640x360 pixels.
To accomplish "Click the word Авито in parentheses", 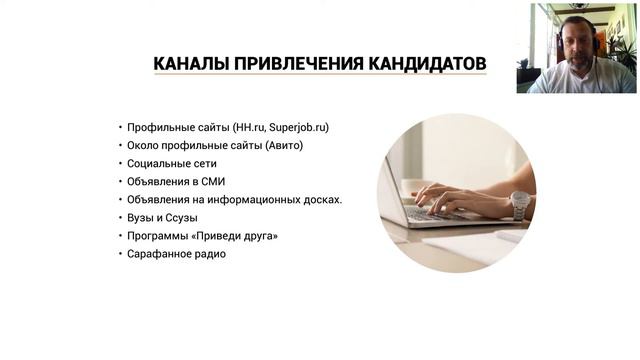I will tap(284, 145).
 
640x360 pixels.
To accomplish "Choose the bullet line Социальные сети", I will tap(172, 163).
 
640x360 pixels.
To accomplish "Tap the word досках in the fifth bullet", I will tap(320, 199).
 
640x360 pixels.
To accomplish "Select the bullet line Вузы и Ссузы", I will tap(162, 217).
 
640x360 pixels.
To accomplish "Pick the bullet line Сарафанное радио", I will tap(176, 253).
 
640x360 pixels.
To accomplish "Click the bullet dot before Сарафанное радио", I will tap(120, 253).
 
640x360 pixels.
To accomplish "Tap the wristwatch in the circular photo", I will tap(519, 203).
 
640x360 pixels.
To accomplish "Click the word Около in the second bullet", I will tap(143, 145).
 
